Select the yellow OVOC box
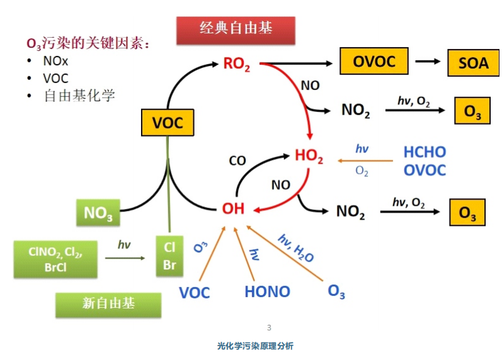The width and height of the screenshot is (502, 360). tap(374, 62)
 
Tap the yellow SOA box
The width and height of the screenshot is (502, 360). tap(473, 64)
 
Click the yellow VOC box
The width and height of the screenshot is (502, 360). tap(168, 123)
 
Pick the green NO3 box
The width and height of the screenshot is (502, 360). tap(98, 213)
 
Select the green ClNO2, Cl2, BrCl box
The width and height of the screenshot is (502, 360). tap(55, 257)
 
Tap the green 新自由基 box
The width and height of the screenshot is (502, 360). tap(108, 304)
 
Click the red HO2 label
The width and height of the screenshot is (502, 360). tap(309, 157)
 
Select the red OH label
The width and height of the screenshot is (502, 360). tap(233, 208)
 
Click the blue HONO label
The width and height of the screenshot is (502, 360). tap(267, 292)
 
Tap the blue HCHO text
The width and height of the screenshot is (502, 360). tap(425, 152)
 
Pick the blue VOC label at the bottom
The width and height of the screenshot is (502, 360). tap(195, 293)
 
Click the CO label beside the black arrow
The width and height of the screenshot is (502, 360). tap(237, 161)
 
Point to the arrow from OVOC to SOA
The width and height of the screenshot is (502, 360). tap(428, 62)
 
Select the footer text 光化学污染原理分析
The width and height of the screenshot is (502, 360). tap(255, 346)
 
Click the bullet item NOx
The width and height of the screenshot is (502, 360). tap(57, 62)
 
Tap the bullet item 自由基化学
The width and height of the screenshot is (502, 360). tap(79, 96)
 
